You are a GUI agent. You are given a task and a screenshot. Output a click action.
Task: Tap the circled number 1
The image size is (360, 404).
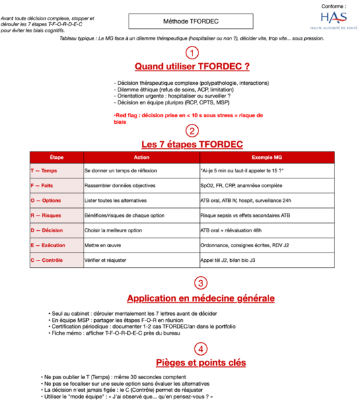coord(192,53)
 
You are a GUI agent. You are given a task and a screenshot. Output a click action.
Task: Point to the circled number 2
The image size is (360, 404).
coord(192,131)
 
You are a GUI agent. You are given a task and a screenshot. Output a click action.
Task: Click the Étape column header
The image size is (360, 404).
coord(57,158)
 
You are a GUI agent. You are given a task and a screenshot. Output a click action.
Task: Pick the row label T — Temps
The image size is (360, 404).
coord(44,171)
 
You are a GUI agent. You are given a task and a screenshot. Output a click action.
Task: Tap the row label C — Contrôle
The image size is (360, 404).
coord(48,260)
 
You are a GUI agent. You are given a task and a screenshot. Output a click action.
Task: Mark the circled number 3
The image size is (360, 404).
coord(200,283)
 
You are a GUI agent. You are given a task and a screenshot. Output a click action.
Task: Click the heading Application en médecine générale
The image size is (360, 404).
coord(201,298)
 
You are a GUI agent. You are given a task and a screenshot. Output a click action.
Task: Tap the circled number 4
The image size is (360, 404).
coord(200,349)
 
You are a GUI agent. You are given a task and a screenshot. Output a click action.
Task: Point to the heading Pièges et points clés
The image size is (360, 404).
coord(200,363)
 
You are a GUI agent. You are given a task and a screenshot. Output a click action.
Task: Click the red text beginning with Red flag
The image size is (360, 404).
coord(188,119)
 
